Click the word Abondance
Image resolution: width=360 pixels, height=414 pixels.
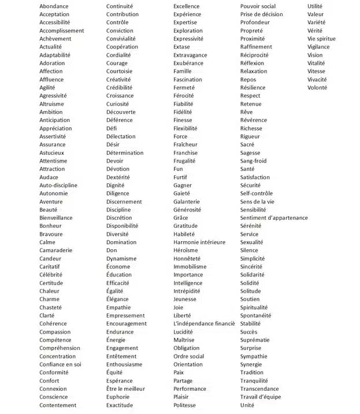(x=54, y=6)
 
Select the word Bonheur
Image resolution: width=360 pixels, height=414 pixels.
(x=50, y=226)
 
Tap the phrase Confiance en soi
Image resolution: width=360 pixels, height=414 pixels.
(x=60, y=364)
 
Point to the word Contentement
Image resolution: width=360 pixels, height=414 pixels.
(x=58, y=405)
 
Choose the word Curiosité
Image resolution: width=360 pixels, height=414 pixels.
(x=118, y=104)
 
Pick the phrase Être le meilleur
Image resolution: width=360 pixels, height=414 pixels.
(x=125, y=389)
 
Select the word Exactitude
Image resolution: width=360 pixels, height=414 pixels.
(x=120, y=405)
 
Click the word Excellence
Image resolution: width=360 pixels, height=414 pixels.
(x=187, y=6)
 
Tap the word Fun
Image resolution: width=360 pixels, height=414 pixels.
(x=178, y=169)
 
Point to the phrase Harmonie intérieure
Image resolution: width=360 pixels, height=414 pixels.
(x=199, y=242)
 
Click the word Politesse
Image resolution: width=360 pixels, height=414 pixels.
(x=184, y=405)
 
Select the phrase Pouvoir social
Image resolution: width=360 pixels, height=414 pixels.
(x=258, y=6)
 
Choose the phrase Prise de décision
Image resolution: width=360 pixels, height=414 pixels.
(x=262, y=14)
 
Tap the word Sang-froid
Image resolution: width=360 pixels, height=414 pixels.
(x=253, y=161)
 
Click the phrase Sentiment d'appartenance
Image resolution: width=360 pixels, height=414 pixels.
(x=274, y=218)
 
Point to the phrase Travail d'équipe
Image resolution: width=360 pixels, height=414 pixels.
(x=260, y=397)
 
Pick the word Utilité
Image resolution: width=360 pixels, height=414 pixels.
(x=316, y=6)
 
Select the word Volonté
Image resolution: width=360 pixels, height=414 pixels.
(x=317, y=88)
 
